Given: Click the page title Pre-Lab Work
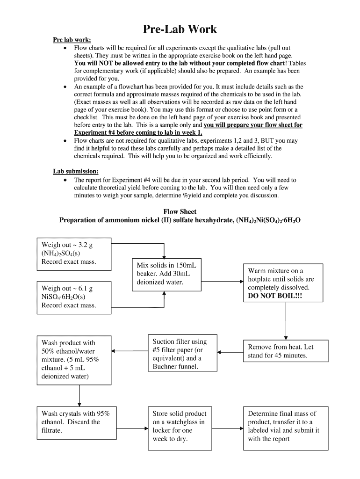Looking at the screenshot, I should coord(180,29).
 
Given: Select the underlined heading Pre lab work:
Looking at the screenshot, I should coord(72,40).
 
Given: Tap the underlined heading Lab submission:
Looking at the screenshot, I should coord(75,172).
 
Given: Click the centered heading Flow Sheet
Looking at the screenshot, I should coord(180,211).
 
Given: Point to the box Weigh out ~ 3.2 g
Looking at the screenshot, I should coord(74,254).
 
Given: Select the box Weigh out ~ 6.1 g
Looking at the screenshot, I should coord(74,297).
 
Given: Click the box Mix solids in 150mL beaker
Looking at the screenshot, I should coord(164,274).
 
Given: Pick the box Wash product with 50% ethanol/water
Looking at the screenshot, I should coord(74,359).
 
